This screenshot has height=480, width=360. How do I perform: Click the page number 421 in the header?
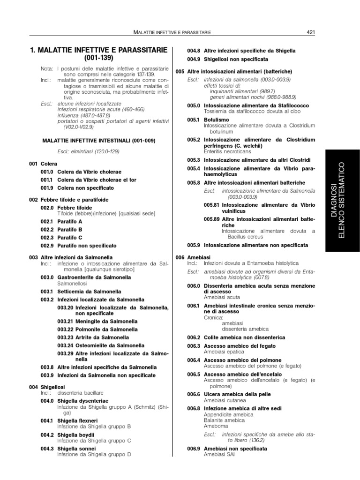click(x=310, y=32)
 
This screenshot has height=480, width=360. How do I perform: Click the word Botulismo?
click(x=216, y=120)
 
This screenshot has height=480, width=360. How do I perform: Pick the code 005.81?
click(x=211, y=205)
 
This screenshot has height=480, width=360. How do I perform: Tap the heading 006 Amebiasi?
click(x=193, y=258)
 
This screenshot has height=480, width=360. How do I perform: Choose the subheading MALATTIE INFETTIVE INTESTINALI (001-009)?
click(x=99, y=141)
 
